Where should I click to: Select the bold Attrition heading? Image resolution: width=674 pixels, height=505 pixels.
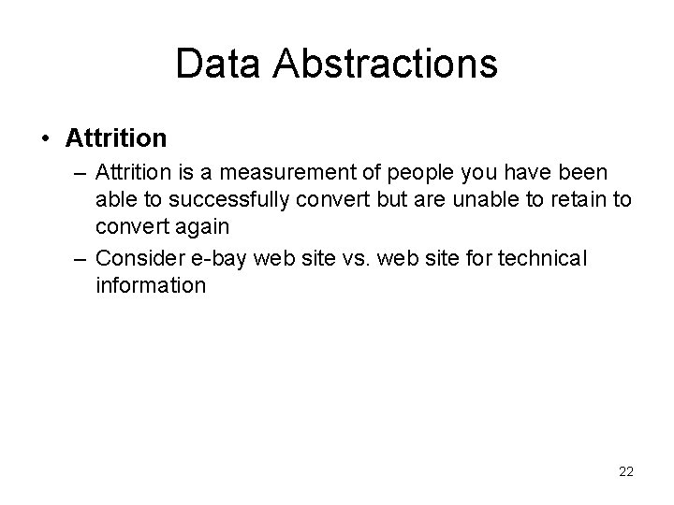click(x=116, y=138)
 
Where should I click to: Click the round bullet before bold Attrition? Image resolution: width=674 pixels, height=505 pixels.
click(x=46, y=139)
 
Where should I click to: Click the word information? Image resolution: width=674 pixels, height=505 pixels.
click(x=150, y=284)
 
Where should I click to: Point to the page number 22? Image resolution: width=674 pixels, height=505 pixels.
click(x=625, y=472)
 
